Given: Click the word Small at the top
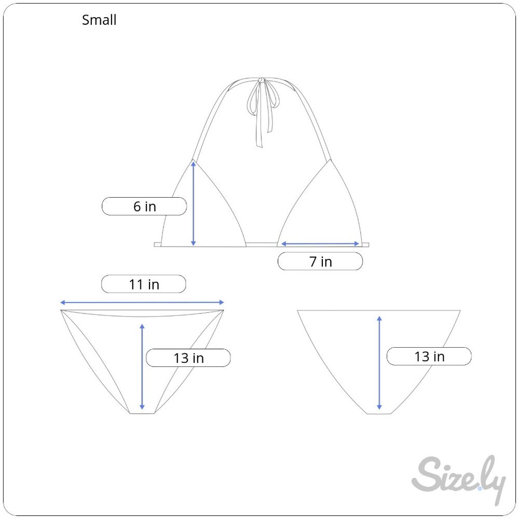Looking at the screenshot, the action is [x=99, y=20].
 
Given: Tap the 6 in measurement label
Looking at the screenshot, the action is [x=144, y=206].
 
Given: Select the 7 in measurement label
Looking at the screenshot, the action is [x=320, y=261].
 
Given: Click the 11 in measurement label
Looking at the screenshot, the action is [x=144, y=284].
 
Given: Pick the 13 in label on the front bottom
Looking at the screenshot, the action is [x=188, y=358].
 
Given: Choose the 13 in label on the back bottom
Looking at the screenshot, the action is [x=429, y=356].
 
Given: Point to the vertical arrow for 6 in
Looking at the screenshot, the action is [x=194, y=203].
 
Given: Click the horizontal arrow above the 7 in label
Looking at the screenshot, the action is [x=320, y=244].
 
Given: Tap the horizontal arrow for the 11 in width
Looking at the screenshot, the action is [x=142, y=302].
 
